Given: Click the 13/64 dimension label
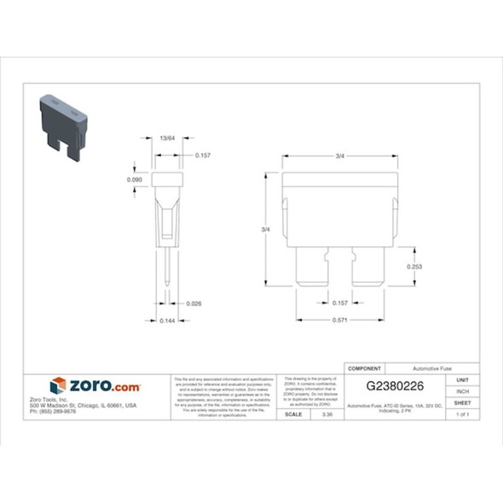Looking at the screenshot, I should coord(167,137).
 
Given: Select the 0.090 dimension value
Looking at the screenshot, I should coord(134,180).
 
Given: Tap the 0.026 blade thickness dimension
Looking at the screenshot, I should coord(194,303).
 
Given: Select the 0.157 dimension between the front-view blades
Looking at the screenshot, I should coord(340,303).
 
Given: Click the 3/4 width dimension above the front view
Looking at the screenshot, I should coord(340,156).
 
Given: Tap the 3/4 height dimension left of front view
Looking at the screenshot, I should coord(265,230).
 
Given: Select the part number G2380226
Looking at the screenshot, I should coord(395,386).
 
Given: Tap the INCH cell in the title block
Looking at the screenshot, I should coord(463,390).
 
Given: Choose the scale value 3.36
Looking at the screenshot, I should coord(327,414).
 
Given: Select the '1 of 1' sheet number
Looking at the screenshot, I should coord(463,414).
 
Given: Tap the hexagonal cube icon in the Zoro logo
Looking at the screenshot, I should coord(58,386).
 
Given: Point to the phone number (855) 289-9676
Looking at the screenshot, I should coord(53,411).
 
